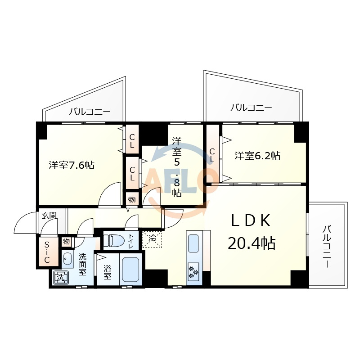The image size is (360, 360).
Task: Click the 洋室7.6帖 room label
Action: [x=72, y=165]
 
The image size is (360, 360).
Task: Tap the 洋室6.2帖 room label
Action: [x=257, y=156]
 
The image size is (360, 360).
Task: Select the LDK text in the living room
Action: [x=251, y=220]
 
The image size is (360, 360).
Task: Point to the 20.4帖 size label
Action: [x=252, y=243]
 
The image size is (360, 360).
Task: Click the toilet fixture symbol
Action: [x=114, y=241]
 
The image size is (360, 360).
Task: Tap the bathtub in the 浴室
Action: [x=130, y=269]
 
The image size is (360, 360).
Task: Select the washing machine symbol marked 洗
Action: [x=61, y=278]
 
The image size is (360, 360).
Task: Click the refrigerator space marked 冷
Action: [x=152, y=240]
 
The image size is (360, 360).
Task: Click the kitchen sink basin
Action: [x=193, y=243]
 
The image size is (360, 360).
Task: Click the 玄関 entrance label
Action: [x=49, y=216]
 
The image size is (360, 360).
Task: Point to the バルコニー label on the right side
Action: [x=328, y=247]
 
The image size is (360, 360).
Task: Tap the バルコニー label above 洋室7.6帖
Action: [x=90, y=112]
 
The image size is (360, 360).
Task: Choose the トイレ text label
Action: [x=130, y=241]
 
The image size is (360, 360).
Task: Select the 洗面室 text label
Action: [x=82, y=265]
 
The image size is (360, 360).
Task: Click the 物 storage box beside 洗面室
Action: [x=66, y=242]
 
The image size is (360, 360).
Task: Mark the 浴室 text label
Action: [x=107, y=273]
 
